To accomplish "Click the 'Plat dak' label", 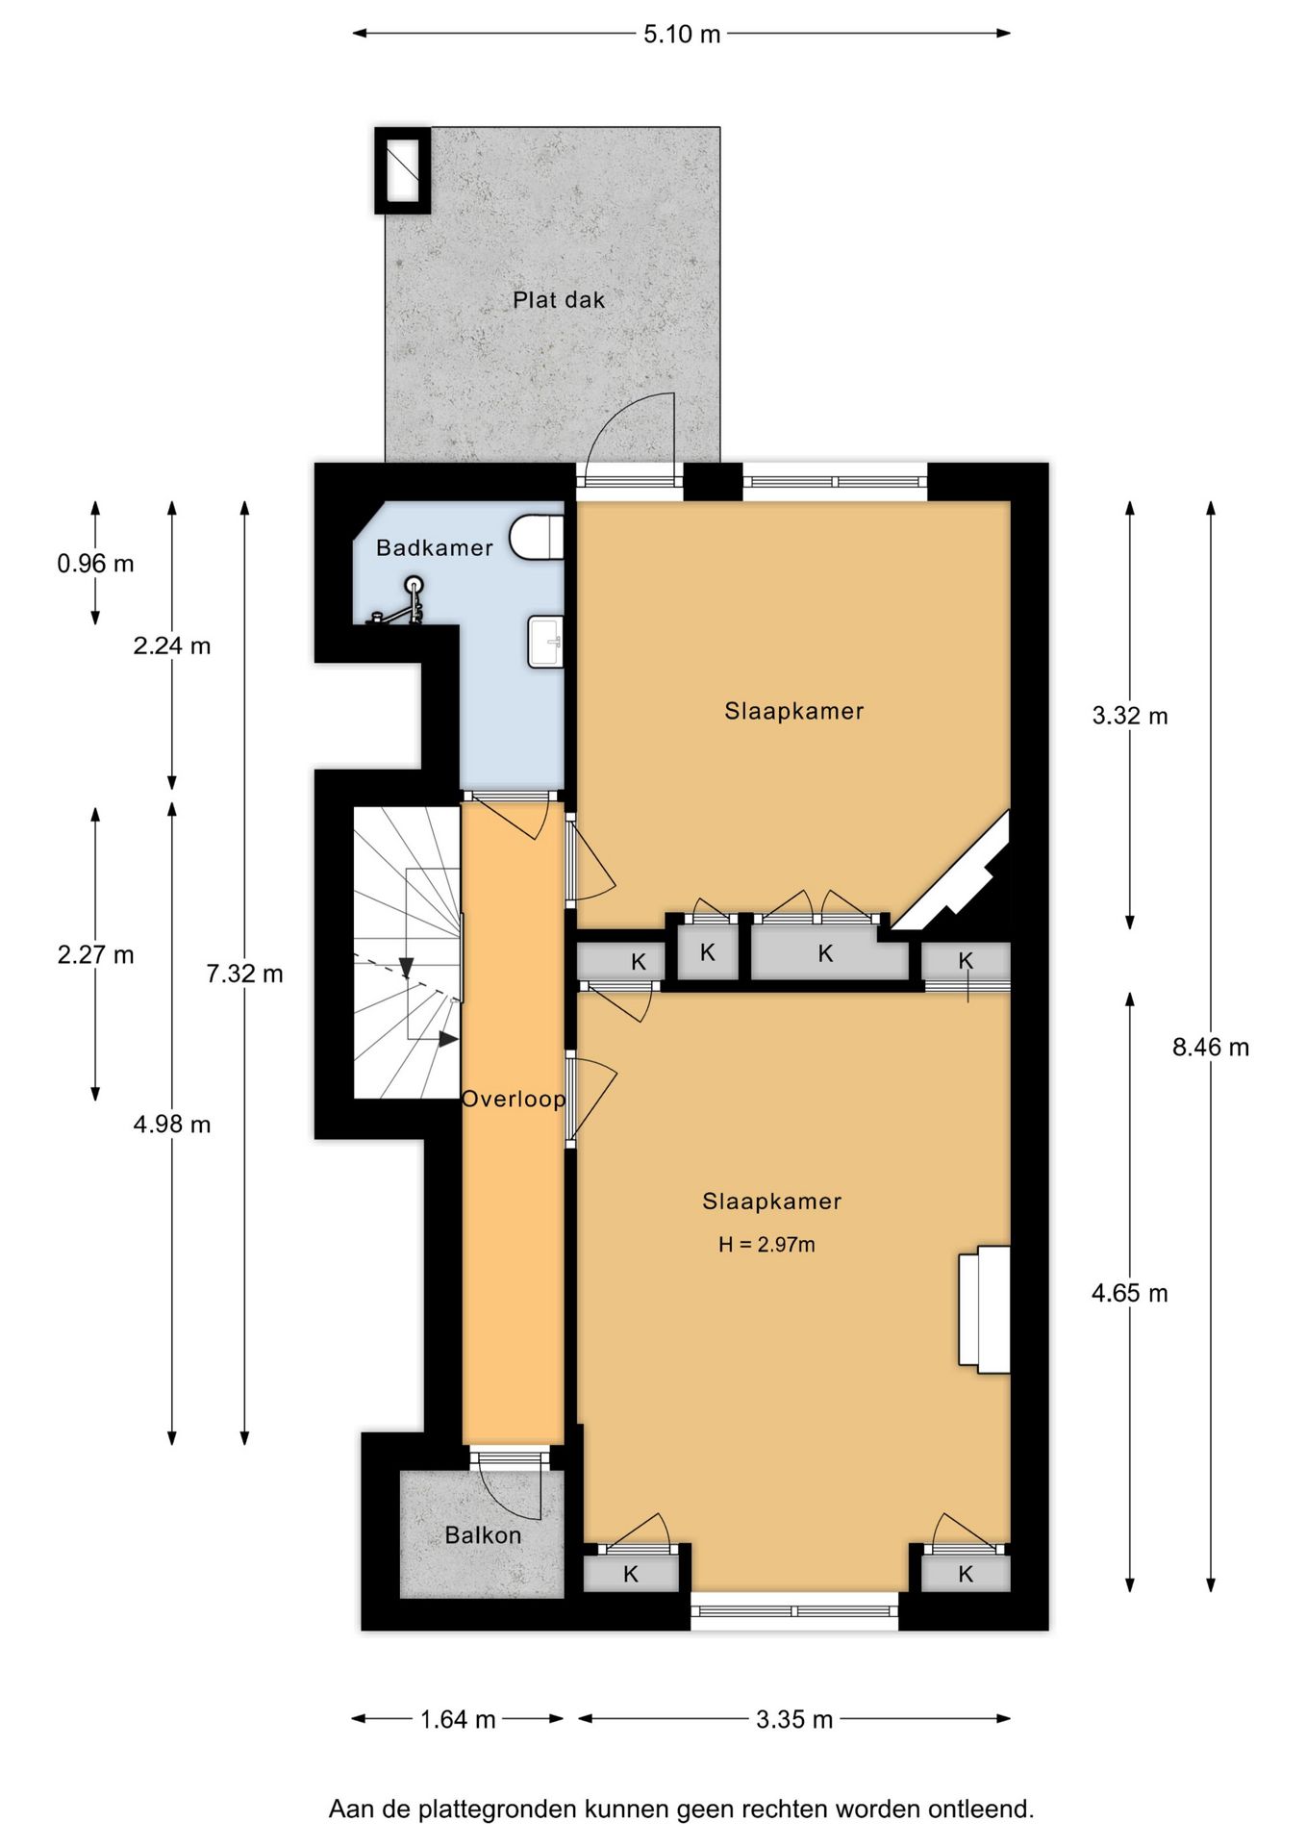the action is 559,300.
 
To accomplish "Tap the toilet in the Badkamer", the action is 538,537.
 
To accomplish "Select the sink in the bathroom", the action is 545,642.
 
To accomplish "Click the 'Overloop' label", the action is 514,1099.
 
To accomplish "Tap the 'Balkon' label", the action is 483,1535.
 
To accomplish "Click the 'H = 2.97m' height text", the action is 766,1245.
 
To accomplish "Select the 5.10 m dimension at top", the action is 682,35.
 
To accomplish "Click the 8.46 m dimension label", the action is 1211,1048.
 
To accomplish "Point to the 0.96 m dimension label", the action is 95,564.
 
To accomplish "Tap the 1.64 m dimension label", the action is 458,1719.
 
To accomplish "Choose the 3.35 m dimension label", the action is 794,1719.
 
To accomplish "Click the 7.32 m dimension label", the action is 244,974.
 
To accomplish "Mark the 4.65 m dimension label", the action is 1130,1294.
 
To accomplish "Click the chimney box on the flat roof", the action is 402,170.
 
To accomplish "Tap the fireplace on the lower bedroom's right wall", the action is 984,1309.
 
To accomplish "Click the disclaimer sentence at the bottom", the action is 681,1809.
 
